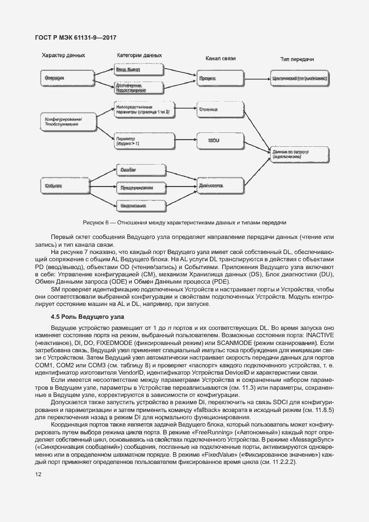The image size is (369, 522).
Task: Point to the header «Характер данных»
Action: click(63, 56)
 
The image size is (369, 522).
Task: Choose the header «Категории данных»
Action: click(139, 56)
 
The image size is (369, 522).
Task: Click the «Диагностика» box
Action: click(213, 184)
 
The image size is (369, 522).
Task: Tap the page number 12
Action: click(38, 475)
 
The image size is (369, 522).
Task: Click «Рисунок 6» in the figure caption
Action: click(95, 222)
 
